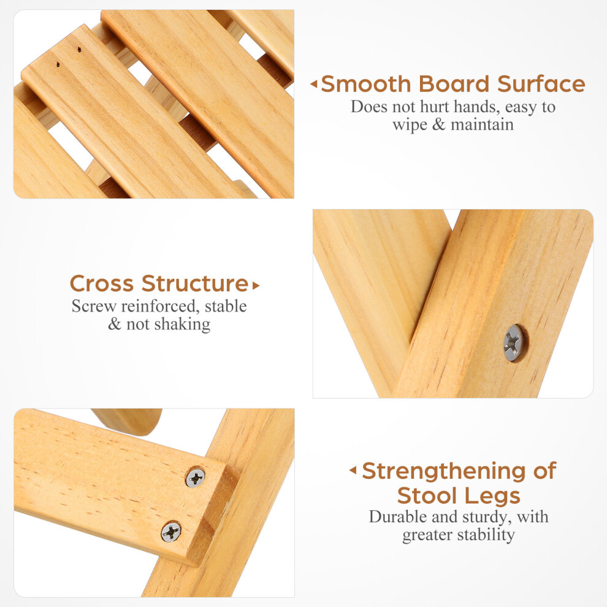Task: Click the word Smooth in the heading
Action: [366, 84]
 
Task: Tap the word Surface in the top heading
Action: [541, 84]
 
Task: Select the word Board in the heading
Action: [454, 84]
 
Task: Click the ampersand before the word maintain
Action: [438, 124]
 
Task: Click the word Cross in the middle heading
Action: [101, 284]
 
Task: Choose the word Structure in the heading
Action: [195, 284]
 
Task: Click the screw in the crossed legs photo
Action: [514, 343]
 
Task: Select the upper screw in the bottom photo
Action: [196, 478]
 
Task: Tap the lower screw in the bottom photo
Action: [170, 532]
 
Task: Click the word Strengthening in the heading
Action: [443, 471]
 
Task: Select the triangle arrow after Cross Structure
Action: [256, 286]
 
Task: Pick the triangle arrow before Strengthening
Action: [353, 470]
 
